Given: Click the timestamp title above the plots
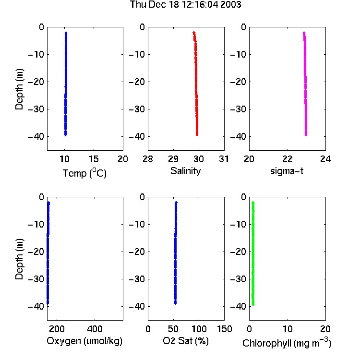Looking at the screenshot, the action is pyautogui.click(x=185, y=4).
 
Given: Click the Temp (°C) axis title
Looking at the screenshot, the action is pyautogui.click(x=84, y=173).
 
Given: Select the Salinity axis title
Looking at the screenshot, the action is pyautogui.click(x=185, y=171).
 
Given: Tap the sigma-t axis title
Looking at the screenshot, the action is pyautogui.click(x=287, y=171).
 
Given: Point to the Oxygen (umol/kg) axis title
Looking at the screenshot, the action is pyautogui.click(x=84, y=341).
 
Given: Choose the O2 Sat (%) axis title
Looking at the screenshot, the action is pyautogui.click(x=186, y=341).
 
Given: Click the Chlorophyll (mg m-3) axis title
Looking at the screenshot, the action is pyautogui.click(x=287, y=342).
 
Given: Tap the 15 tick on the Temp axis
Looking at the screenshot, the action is pyautogui.click(x=94, y=159).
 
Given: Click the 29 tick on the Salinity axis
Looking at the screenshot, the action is pyautogui.click(x=173, y=159).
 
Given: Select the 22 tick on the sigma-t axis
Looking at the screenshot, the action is pyautogui.click(x=288, y=159).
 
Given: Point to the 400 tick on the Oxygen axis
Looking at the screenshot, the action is pyautogui.click(x=95, y=329).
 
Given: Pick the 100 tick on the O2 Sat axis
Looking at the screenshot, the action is pyautogui.click(x=199, y=329).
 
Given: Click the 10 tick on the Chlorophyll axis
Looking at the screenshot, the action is pyautogui.click(x=288, y=329).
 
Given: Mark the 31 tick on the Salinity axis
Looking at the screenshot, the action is pyautogui.click(x=224, y=159).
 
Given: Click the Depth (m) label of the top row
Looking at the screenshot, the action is pyautogui.click(x=19, y=89).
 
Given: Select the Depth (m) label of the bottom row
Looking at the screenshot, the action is pyautogui.click(x=19, y=259).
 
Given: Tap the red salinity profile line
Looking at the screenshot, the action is pyautogui.click(x=196, y=84).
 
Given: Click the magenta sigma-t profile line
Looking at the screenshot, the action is pyautogui.click(x=305, y=84).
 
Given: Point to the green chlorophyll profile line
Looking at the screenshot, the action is pyautogui.click(x=253, y=253).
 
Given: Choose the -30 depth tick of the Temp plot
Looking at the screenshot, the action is pyautogui.click(x=36, y=109).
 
